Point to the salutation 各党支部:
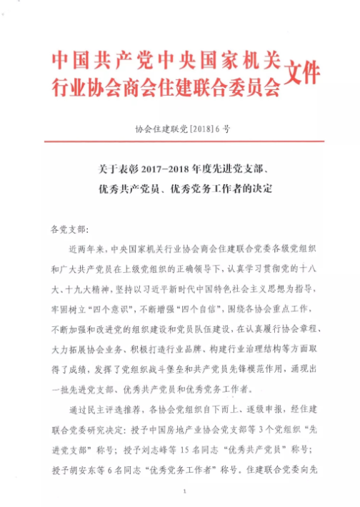click(x=68, y=230)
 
